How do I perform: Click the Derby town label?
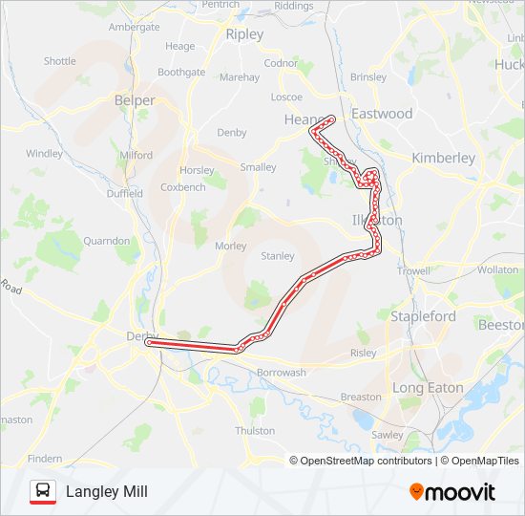(139, 335)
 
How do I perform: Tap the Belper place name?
(135, 99)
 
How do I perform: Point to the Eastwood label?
(382, 114)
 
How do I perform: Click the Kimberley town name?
(443, 158)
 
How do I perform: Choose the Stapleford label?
(423, 316)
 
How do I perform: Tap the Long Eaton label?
(428, 388)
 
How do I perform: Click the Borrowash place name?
(281, 373)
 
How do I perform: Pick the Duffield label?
(124, 193)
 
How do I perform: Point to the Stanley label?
(278, 256)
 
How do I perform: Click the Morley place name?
(230, 246)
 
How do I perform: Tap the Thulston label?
(255, 431)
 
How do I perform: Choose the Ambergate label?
(135, 27)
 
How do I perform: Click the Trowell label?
(413, 271)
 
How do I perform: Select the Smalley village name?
(258, 167)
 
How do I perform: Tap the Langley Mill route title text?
(106, 492)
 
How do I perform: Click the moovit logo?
(452, 492)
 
